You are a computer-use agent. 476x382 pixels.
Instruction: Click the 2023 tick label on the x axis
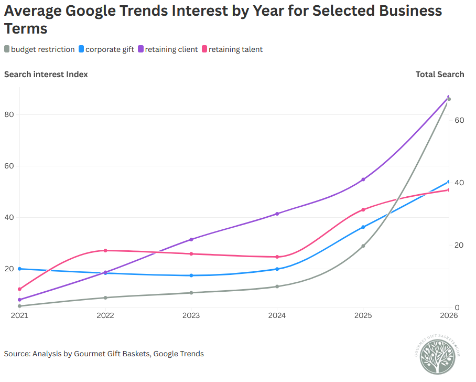pos(191,315)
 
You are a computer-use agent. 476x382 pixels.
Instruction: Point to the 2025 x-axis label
pos(363,315)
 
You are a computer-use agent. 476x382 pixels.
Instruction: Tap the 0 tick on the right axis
pos(457,307)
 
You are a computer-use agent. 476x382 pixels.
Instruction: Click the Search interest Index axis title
pos(46,75)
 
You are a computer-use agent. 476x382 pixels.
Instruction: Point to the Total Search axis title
pos(440,75)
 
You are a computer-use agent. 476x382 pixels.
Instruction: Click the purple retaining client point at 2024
pos(277,214)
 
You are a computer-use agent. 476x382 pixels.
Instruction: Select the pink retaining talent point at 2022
pos(105,250)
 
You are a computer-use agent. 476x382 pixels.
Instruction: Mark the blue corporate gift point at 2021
pos(19,269)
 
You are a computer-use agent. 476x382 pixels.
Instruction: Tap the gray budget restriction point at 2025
pos(363,246)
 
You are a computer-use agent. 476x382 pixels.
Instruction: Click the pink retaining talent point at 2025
pos(363,210)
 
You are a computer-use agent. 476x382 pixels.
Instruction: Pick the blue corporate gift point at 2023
pos(191,275)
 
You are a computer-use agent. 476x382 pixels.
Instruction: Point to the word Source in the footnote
pos(17,354)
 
